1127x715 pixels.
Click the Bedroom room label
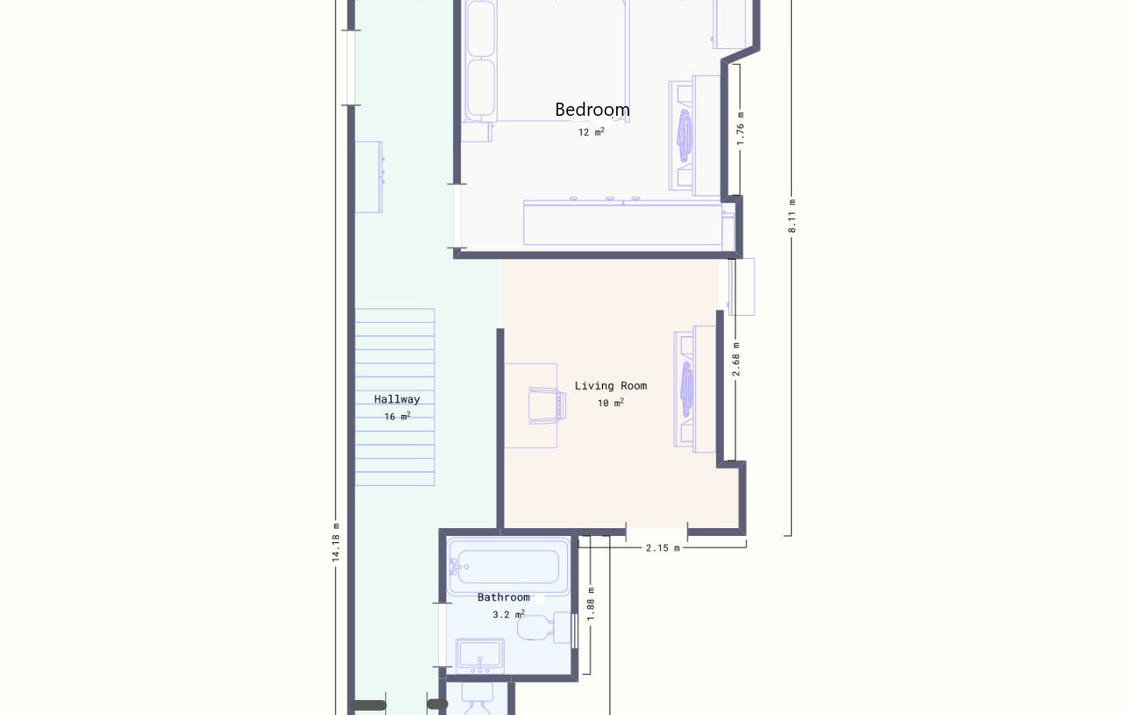592,110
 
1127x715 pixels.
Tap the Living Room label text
611,386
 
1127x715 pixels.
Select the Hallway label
397,399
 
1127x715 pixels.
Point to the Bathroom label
503,597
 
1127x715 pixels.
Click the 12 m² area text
592,132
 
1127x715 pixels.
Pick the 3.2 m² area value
509,614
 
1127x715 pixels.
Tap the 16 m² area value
398,416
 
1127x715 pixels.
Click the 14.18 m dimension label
336,542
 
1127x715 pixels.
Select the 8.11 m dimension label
792,216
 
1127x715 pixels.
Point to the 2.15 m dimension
663,548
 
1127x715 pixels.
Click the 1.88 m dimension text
592,604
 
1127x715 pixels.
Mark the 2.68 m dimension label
736,359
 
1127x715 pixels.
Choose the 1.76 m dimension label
740,129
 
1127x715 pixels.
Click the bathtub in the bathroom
508,566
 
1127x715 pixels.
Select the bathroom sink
480,655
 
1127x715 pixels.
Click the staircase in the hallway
395,397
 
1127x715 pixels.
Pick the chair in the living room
548,405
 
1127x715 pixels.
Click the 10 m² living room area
611,403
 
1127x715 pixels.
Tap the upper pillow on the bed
480,29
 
